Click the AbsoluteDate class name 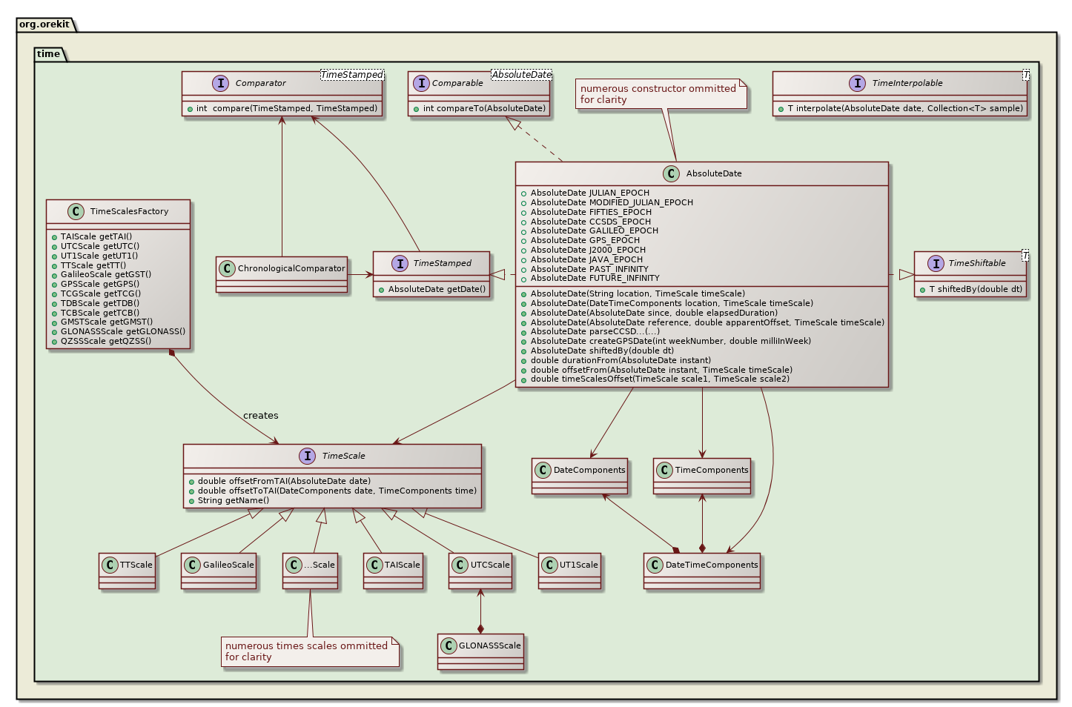tap(713, 173)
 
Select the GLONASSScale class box tap(480, 651)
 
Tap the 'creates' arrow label tap(260, 416)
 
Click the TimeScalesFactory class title tap(129, 211)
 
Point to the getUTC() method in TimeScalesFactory tap(99, 246)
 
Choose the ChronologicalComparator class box tap(282, 273)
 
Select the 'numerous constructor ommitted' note tap(662, 94)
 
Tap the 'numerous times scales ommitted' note tap(309, 651)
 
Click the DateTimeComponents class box tap(702, 570)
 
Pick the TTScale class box tap(128, 570)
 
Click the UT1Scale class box tap(569, 570)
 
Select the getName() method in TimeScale tap(234, 500)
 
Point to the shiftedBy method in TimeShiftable tap(975, 289)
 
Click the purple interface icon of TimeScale tap(308, 456)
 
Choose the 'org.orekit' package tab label tap(44, 24)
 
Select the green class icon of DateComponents tap(543, 470)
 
